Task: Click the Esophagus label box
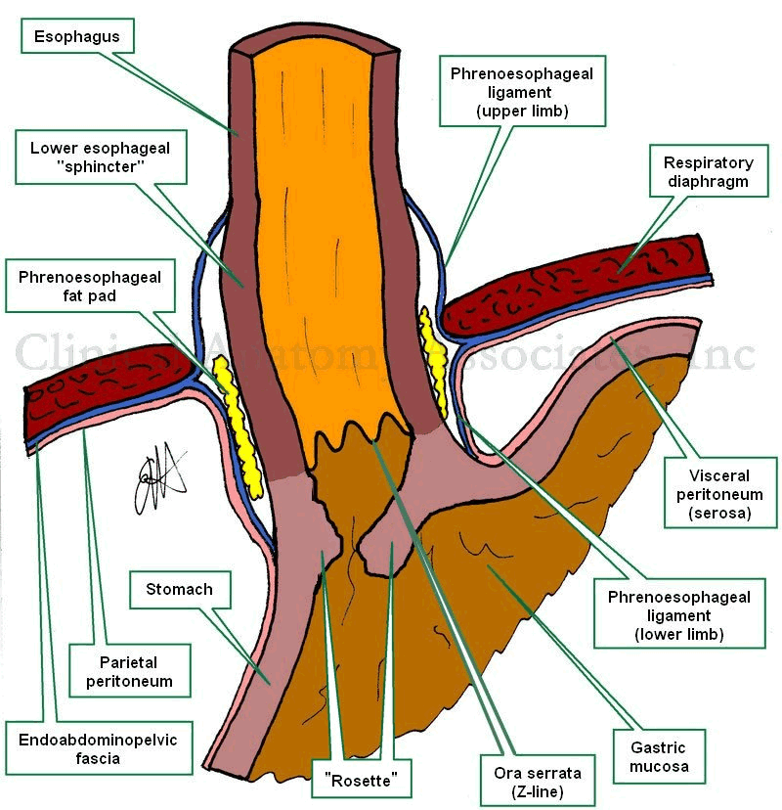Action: (x=77, y=38)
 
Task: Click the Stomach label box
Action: (x=179, y=590)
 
